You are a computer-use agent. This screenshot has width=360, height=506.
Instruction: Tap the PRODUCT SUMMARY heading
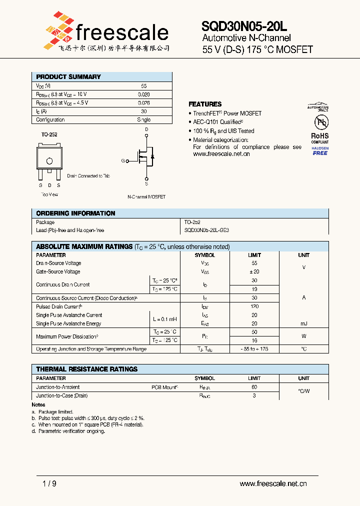68,77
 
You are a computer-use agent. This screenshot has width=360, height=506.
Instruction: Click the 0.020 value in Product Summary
144,94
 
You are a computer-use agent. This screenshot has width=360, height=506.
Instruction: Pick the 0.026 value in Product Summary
144,102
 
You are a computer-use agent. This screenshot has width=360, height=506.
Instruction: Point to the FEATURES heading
205,104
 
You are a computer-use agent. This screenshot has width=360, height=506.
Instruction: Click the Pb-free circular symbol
320,122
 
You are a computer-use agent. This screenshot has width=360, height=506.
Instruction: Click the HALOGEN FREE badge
320,151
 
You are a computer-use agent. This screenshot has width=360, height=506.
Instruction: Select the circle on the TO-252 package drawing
49,161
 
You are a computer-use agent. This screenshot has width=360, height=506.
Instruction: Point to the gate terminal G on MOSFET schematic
123,161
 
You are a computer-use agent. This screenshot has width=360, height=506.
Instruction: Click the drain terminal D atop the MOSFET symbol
146,129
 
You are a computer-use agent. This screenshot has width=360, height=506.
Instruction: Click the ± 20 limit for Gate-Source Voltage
254,271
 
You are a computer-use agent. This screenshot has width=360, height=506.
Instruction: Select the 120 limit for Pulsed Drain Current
254,306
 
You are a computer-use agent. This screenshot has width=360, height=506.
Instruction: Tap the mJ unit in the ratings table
303,323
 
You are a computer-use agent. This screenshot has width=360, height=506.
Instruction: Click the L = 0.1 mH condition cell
164,319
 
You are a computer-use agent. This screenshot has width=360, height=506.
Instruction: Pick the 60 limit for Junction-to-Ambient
254,387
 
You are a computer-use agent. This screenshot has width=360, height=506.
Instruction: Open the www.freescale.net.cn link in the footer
273,483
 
